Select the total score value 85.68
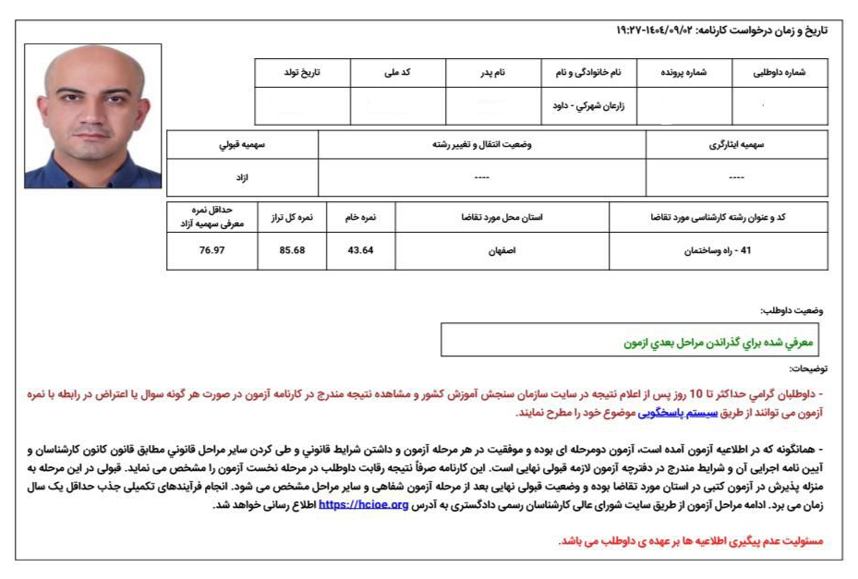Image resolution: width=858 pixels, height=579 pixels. pyautogui.click(x=293, y=250)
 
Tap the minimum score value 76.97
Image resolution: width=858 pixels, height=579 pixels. pyautogui.click(x=211, y=250)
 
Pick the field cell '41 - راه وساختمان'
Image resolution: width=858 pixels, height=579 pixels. pyautogui.click(x=718, y=250)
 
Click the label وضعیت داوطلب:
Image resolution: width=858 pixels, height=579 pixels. pyautogui.click(x=793, y=310)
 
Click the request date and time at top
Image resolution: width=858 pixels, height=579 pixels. pyautogui.click(x=721, y=30)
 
